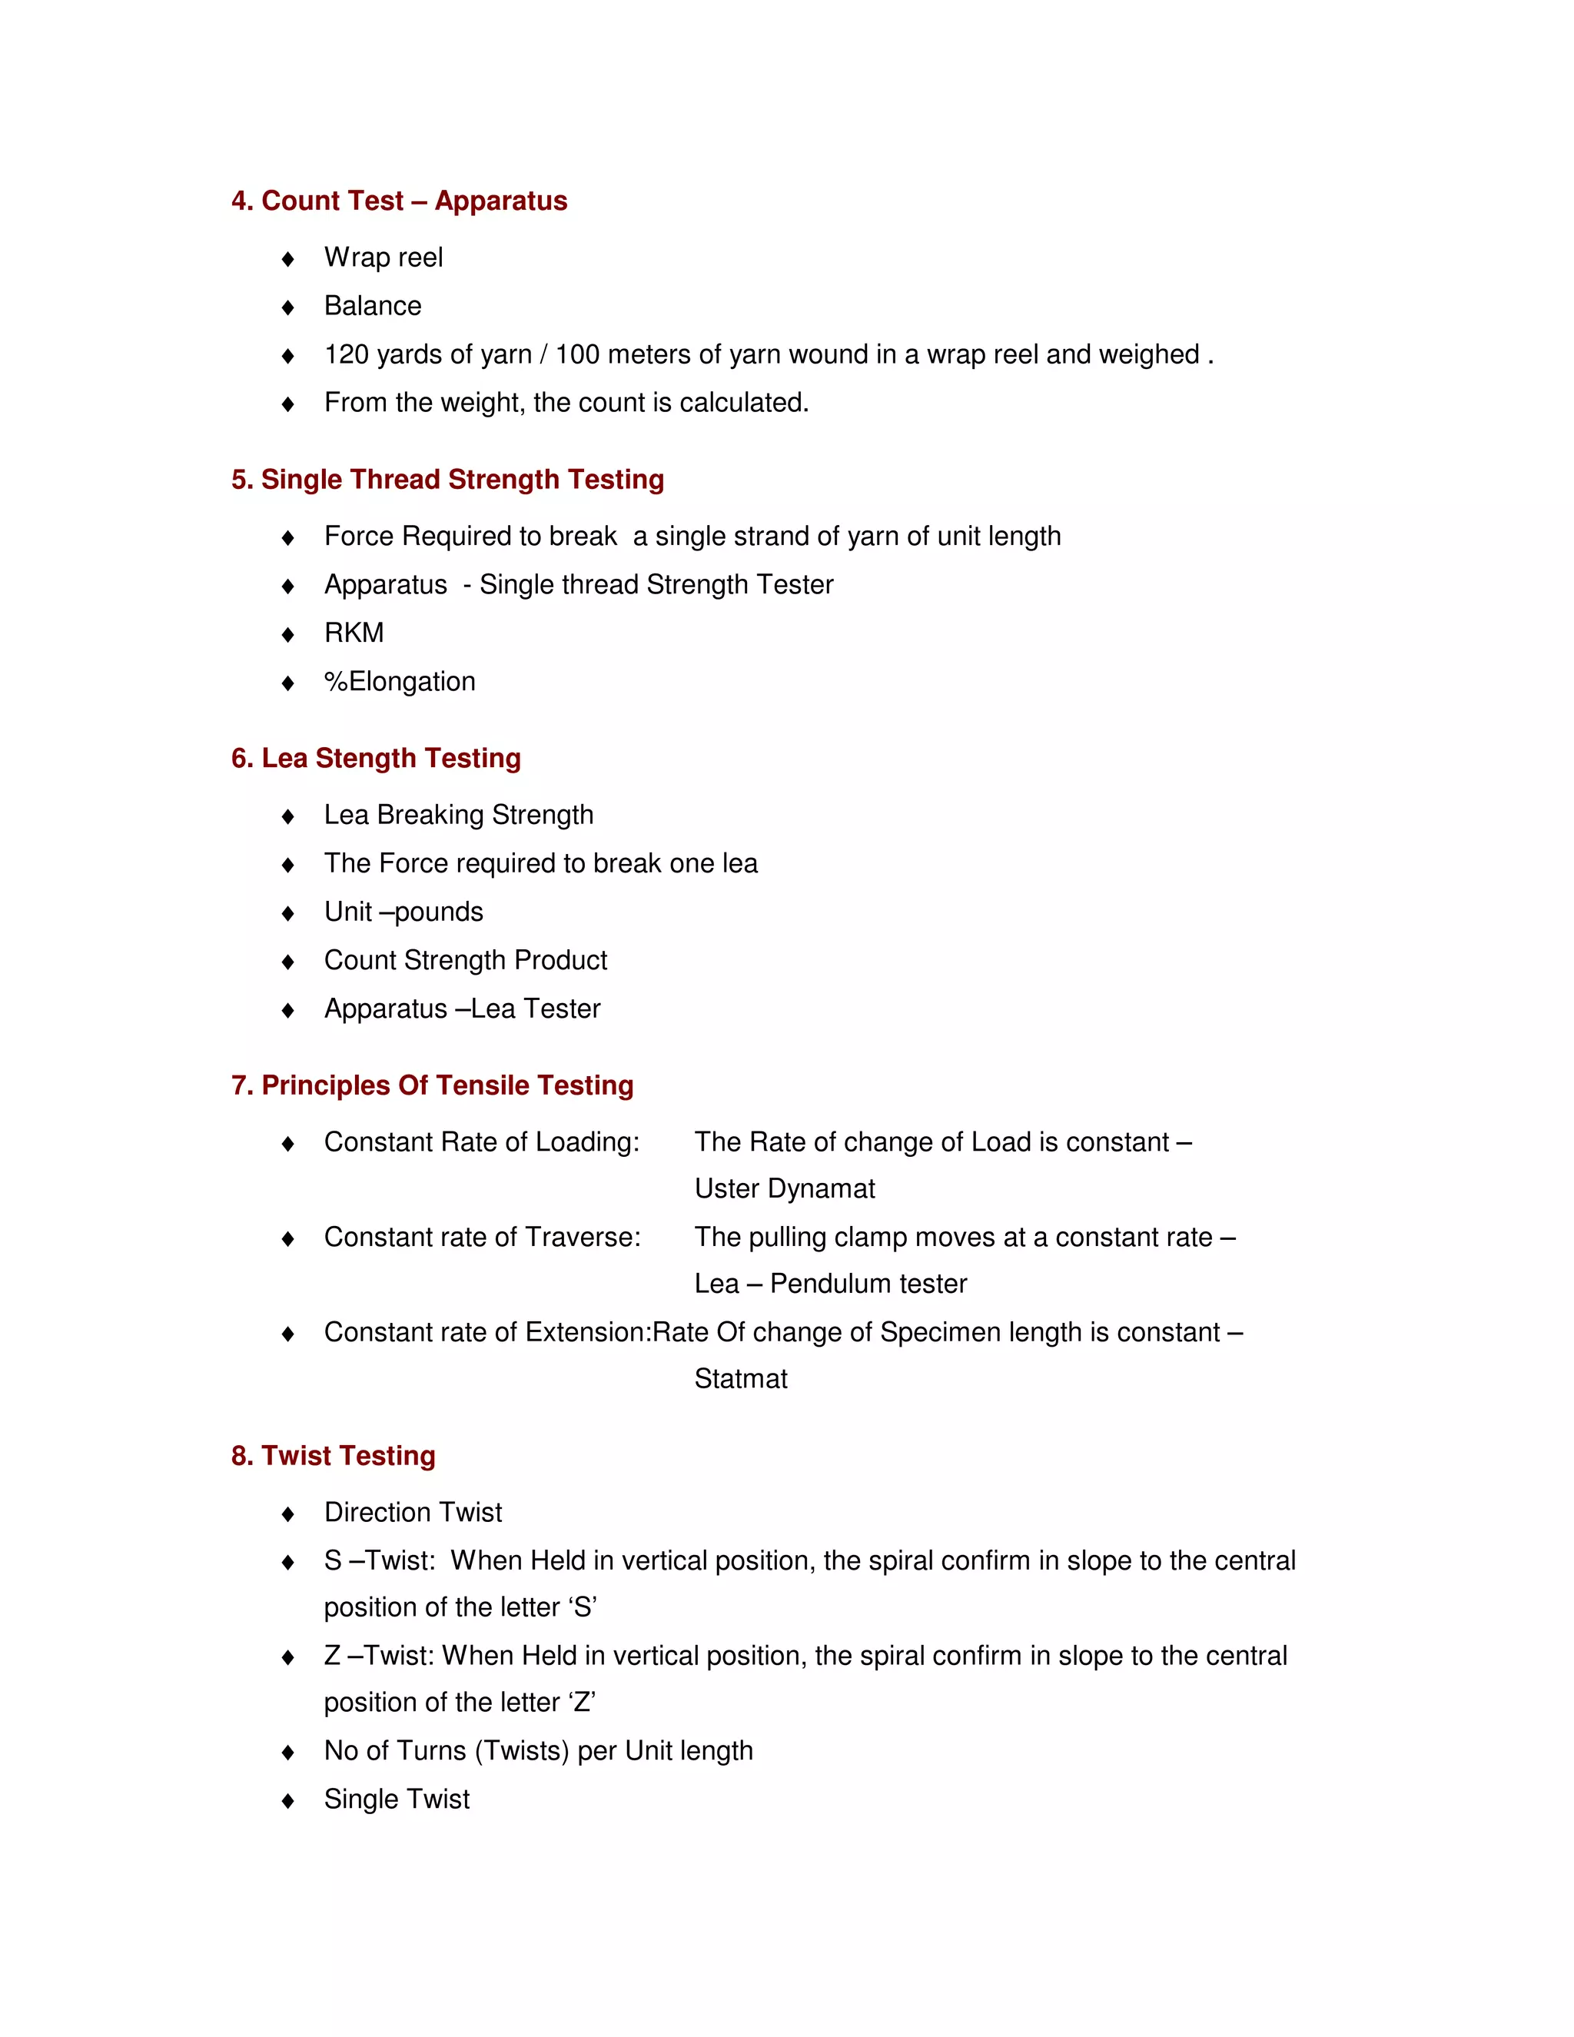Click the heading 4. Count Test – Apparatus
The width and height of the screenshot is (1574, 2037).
tap(399, 201)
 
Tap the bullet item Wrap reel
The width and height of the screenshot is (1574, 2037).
tap(384, 258)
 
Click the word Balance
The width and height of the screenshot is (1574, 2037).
tap(373, 306)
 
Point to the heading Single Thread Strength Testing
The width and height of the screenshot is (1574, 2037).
tap(462, 480)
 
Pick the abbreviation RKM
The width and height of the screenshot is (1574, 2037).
tap(354, 633)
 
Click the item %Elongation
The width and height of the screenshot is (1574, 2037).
tap(400, 682)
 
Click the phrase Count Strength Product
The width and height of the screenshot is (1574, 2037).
tap(465, 961)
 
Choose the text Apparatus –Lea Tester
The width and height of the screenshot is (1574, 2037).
tap(463, 1009)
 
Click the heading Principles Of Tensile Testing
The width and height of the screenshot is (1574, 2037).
tap(447, 1085)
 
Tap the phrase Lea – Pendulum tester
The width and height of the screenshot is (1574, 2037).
tap(830, 1284)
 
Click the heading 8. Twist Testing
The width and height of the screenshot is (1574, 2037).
tap(333, 1456)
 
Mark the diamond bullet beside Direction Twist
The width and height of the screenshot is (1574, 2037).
tap(288, 1514)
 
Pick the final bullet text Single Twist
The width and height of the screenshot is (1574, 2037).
tap(397, 1799)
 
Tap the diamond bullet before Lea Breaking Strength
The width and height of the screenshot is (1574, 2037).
tap(288, 816)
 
